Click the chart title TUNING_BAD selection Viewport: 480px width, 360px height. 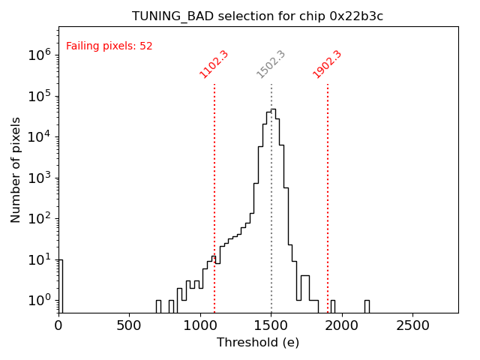257,16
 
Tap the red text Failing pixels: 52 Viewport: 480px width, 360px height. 109,46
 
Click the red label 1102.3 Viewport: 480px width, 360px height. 214,64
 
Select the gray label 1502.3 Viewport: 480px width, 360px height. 271,64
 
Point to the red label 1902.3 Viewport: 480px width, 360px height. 327,64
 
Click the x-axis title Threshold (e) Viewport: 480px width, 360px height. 258,343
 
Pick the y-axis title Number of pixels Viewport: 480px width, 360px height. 16,169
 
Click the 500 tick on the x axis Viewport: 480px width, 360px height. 130,325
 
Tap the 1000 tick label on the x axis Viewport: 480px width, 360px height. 200,325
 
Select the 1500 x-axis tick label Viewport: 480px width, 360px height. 271,325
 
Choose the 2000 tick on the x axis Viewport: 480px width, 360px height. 342,325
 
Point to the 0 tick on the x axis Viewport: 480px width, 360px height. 58,325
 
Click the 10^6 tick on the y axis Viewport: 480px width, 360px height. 39,55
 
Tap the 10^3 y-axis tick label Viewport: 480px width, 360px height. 39,178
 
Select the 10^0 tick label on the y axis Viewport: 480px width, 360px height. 39,301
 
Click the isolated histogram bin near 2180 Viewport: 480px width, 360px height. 367,305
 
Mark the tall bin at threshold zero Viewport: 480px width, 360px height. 60,285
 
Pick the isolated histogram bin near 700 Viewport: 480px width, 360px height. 158,305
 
